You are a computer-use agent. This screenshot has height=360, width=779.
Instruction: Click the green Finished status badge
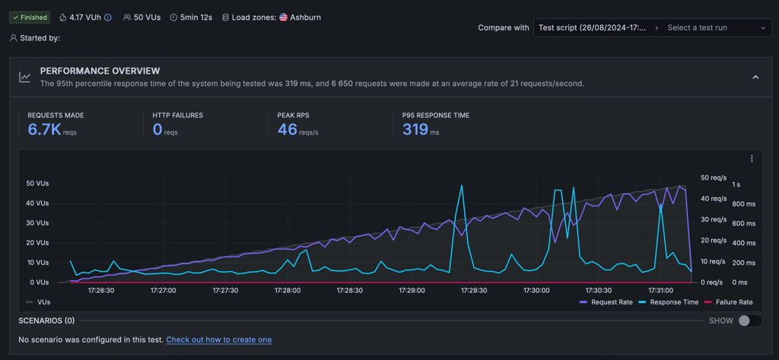coord(30,18)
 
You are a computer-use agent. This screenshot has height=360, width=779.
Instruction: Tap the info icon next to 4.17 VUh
coord(108,18)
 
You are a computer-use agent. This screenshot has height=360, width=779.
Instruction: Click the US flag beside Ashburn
coord(283,18)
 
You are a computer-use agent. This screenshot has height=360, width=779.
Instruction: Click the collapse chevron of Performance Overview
coord(755,77)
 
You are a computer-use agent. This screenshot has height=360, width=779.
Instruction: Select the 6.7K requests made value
coord(44,130)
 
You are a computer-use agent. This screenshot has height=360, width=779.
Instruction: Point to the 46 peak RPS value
coord(287,130)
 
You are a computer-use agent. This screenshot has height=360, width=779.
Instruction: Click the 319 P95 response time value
coord(415,130)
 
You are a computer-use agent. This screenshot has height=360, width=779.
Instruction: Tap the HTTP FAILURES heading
coord(178,116)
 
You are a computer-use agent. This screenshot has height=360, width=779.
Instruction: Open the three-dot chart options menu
coord(752,158)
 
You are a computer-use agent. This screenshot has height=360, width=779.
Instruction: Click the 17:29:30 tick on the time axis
coord(474,291)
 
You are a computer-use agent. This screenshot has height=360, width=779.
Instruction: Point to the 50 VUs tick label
coord(38,183)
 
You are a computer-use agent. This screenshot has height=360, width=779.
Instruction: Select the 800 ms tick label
coord(743,203)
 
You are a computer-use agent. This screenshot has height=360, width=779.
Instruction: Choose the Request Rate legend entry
coord(606,302)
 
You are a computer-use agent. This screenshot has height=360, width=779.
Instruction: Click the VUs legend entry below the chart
coord(38,302)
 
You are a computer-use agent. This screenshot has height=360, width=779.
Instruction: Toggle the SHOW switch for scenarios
coord(750,320)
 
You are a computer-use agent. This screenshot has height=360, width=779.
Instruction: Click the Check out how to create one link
coord(218,340)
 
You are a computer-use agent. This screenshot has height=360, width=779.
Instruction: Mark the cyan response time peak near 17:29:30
coord(462,186)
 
